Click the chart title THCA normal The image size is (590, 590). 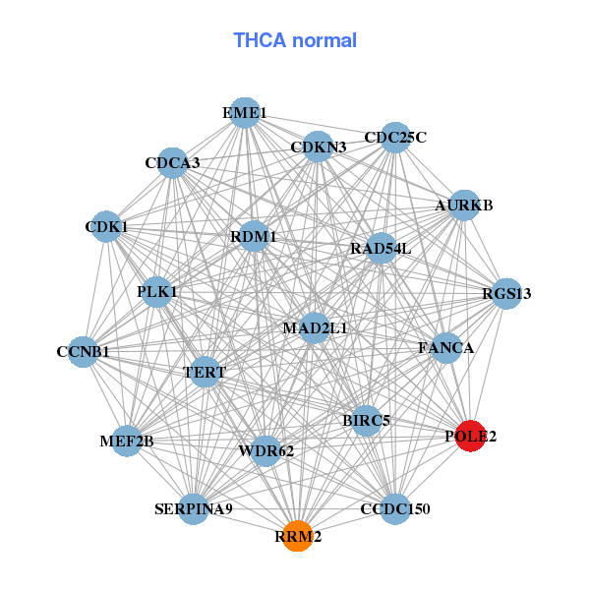[294, 40]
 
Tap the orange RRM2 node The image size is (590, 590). [297, 537]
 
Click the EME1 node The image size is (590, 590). [244, 113]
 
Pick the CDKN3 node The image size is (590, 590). [318, 147]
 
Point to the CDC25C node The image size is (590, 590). [394, 138]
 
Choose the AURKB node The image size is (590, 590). [463, 206]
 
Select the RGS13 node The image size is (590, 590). [505, 294]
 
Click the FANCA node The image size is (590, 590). [446, 348]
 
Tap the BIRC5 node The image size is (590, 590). [366, 421]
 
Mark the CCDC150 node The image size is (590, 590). [394, 508]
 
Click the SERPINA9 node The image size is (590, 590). [194, 508]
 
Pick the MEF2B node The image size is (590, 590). [127, 441]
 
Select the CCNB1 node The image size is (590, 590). [83, 351]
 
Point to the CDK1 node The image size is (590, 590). [106, 228]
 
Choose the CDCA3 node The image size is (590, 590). [173, 162]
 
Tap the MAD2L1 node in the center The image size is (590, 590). [315, 327]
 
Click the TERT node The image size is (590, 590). [205, 373]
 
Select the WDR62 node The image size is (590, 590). [266, 451]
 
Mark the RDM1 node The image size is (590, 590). [254, 236]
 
